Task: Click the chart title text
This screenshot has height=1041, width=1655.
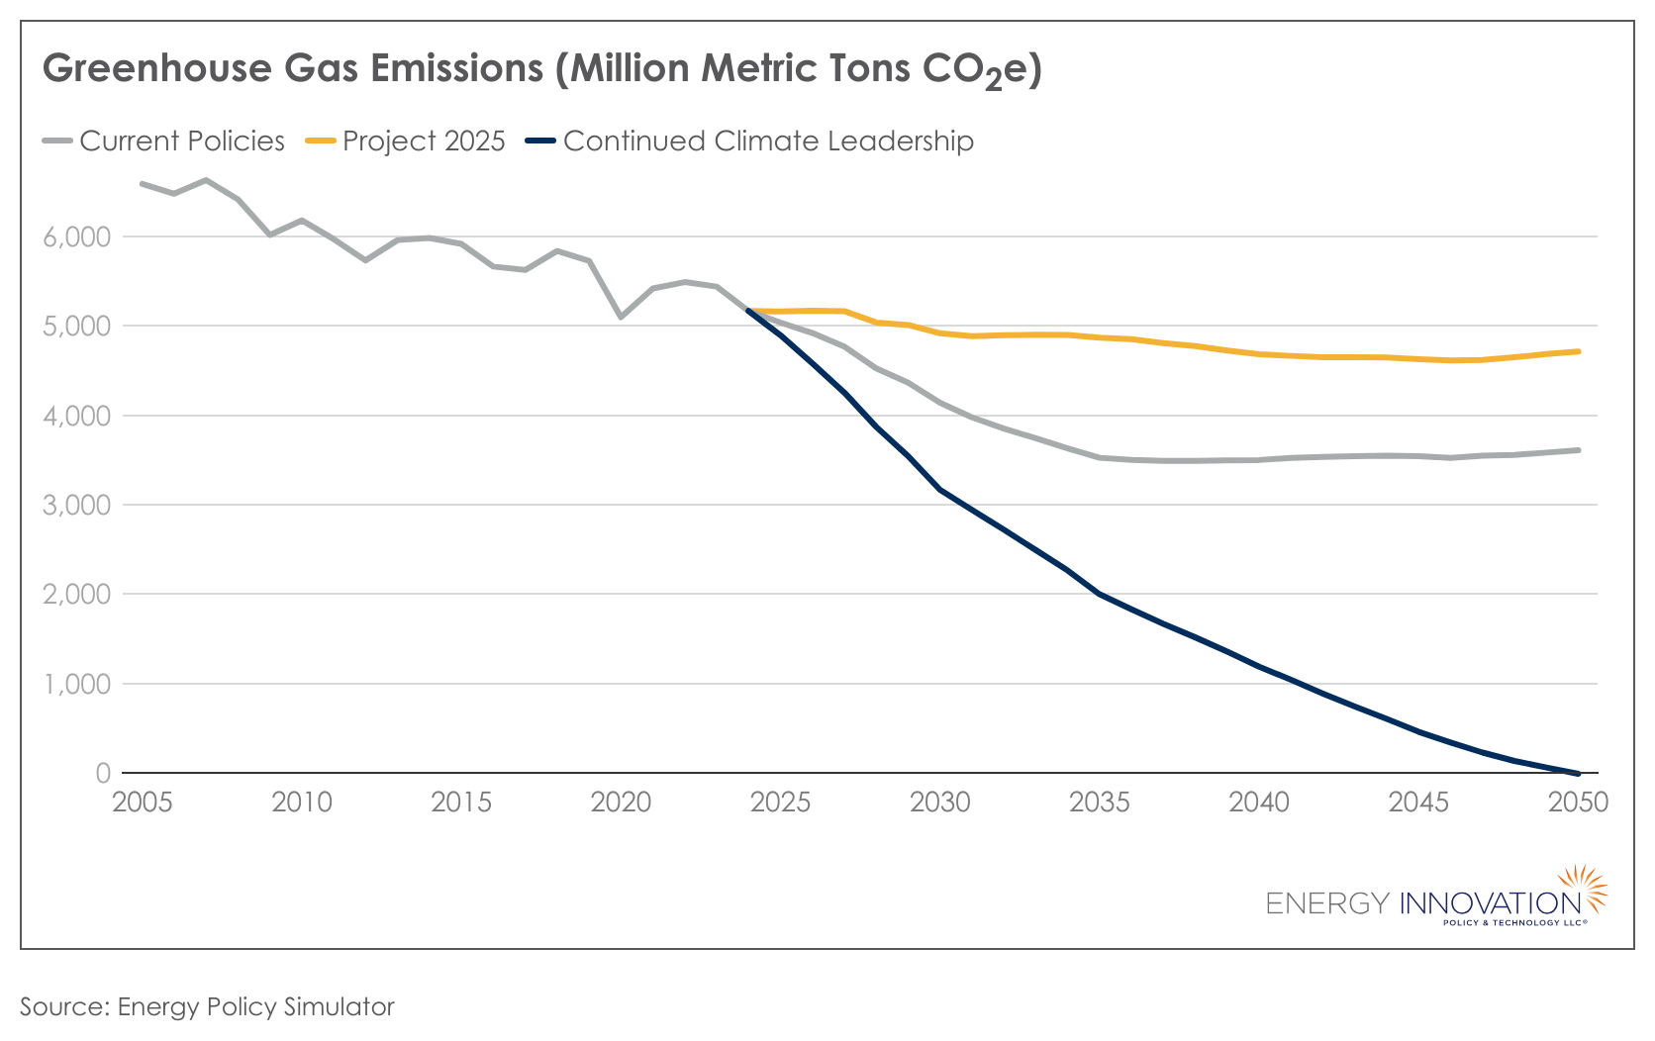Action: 541,69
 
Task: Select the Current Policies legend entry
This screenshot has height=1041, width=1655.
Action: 164,142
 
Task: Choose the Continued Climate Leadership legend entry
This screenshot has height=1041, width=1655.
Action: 750,142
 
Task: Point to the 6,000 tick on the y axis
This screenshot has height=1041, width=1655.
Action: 75,237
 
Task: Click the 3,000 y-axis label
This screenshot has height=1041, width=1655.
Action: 75,506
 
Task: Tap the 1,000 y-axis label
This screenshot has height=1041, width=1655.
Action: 75,685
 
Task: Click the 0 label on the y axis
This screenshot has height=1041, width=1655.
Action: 102,774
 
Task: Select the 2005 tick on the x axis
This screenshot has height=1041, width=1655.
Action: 143,803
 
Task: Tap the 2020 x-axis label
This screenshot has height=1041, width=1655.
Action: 621,803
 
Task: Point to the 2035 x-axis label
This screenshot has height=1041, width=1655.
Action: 1100,803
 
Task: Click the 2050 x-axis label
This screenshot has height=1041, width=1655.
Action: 1578,803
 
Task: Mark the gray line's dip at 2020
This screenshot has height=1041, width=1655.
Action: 621,317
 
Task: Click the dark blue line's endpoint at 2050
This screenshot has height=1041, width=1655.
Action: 1578,773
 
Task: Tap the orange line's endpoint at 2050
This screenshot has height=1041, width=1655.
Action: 1578,351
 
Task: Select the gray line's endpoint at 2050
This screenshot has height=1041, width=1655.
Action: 1578,450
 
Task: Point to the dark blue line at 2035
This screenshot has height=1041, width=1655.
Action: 1100,594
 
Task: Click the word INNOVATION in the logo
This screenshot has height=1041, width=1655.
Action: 1490,903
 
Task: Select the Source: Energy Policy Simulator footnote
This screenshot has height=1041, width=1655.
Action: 207,1007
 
